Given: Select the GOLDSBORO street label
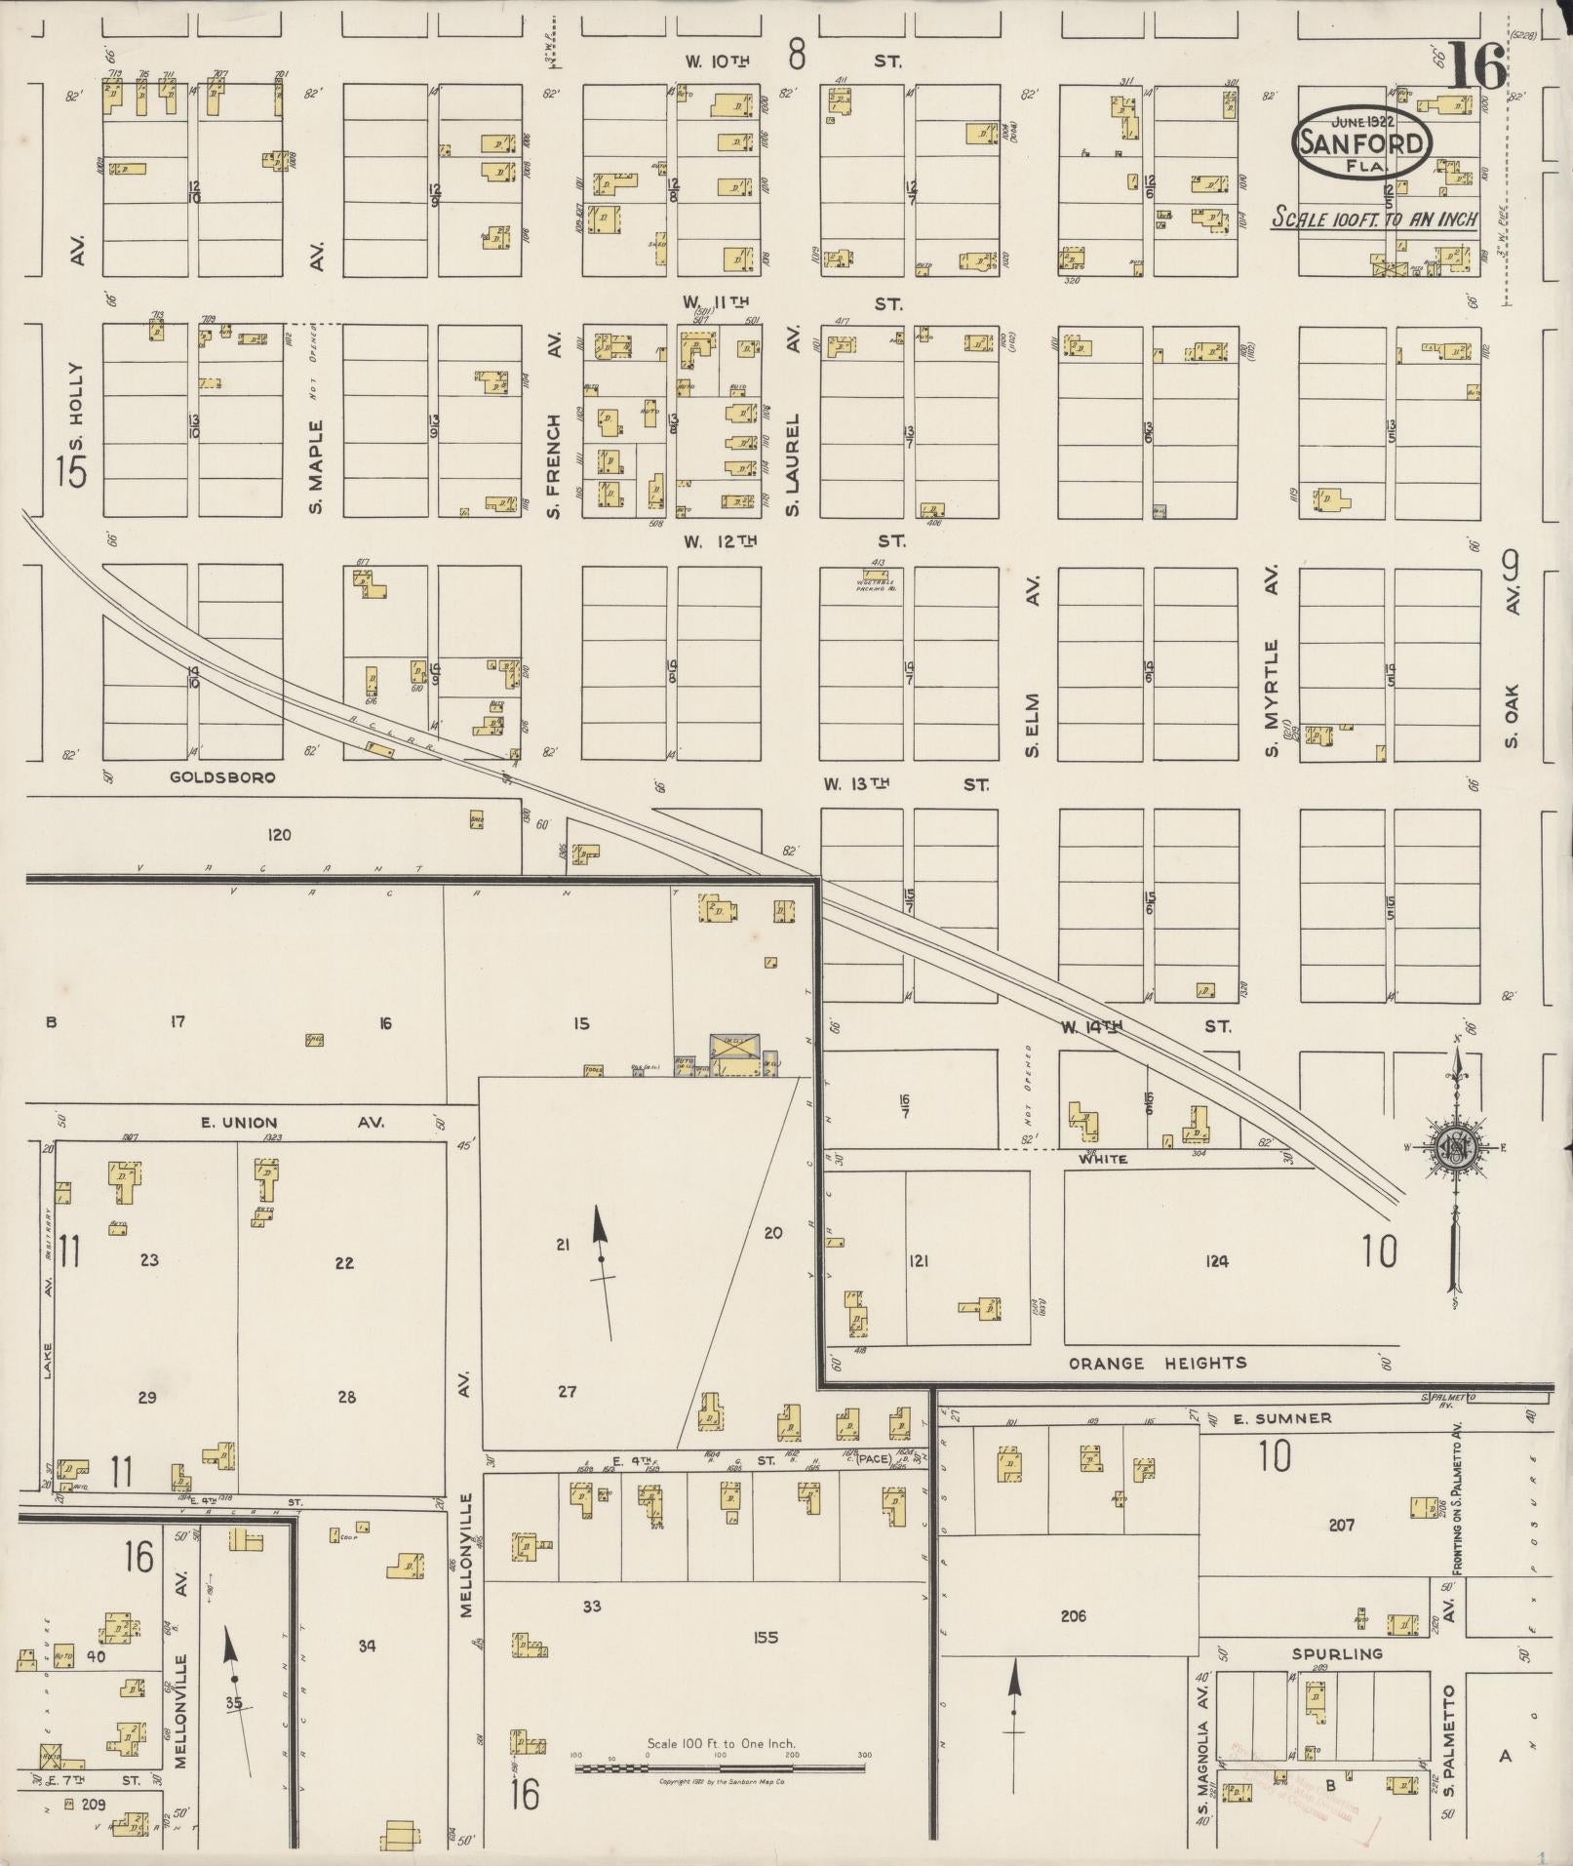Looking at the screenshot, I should pyautogui.click(x=222, y=777).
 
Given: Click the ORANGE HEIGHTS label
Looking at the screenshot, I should pyautogui.click(x=1157, y=1363).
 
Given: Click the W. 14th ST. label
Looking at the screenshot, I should pyautogui.click(x=1146, y=1027).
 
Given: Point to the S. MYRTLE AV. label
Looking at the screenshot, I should pyautogui.click(x=1272, y=662).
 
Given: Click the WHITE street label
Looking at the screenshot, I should pyautogui.click(x=1103, y=1159).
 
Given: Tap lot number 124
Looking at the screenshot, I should pyautogui.click(x=1216, y=1261).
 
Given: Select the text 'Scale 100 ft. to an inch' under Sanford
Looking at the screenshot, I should pyautogui.click(x=1374, y=218).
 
